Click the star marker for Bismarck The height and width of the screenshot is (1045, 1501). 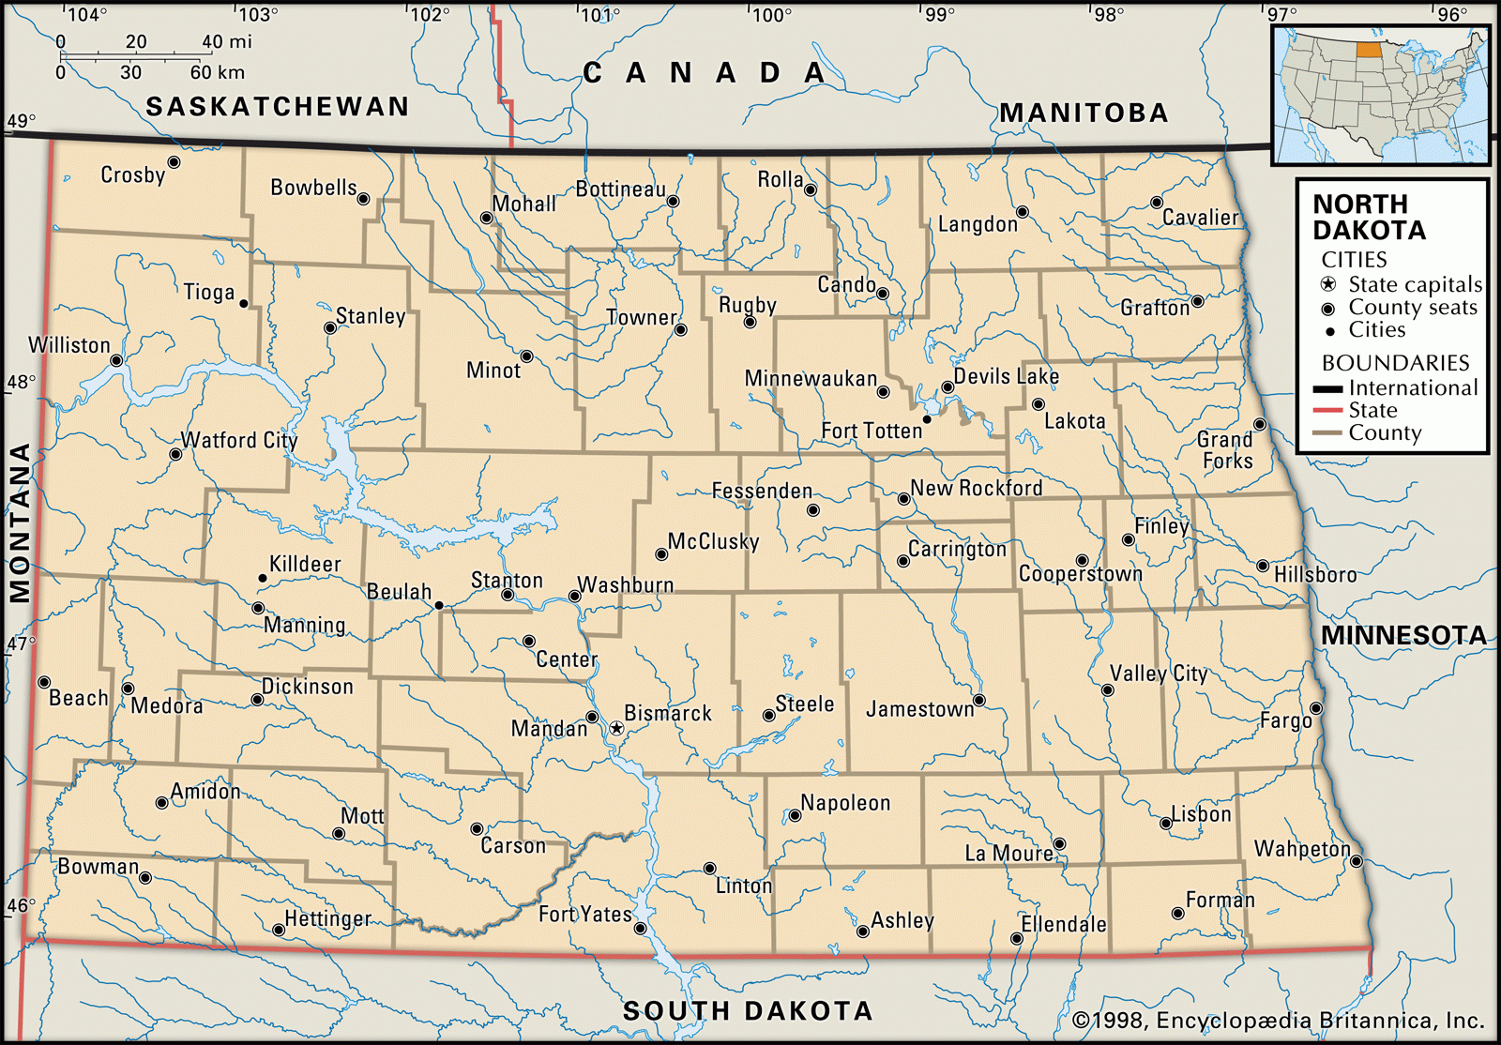(x=616, y=728)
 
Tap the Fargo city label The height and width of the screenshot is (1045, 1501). (x=1285, y=720)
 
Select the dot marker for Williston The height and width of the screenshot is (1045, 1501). (x=116, y=360)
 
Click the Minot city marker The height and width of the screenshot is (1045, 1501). (x=527, y=356)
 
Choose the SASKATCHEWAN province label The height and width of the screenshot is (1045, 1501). (x=278, y=107)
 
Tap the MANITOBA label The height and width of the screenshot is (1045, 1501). (x=1084, y=114)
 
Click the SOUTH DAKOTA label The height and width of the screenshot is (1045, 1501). (x=748, y=1010)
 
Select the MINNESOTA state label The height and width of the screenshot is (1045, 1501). (x=1403, y=636)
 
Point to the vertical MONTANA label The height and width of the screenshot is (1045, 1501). (x=20, y=522)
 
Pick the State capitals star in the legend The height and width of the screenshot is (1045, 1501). (x=1327, y=284)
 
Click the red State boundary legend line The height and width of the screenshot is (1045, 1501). (x=1327, y=411)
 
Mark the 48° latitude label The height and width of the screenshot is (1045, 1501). (x=20, y=383)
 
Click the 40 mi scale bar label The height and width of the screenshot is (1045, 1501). (x=227, y=42)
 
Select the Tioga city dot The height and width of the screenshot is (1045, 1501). (x=244, y=303)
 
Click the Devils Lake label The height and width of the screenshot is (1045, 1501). (x=1006, y=376)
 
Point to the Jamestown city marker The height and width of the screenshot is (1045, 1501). (x=979, y=701)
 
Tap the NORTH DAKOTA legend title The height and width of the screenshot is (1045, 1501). (x=1368, y=217)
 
